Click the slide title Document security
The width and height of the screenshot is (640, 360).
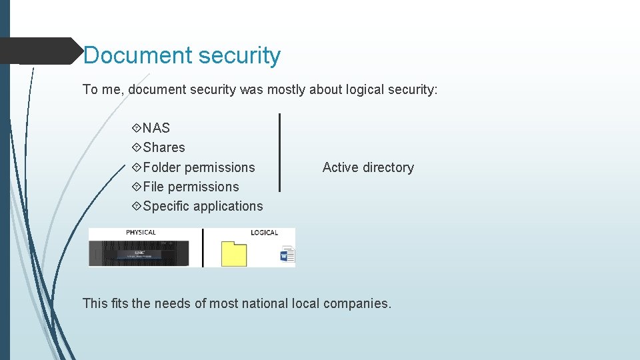pos(182,55)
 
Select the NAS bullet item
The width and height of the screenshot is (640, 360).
pos(156,128)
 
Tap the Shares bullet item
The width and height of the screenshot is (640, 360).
pos(163,147)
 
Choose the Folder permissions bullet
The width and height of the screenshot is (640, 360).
pos(199,167)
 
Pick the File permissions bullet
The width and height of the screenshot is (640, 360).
pos(191,187)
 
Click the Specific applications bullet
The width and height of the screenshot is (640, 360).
pos(203,206)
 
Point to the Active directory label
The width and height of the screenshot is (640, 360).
pos(368,168)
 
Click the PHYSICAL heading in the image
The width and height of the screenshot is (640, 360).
pos(141,233)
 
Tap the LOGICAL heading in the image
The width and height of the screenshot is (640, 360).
pos(264,233)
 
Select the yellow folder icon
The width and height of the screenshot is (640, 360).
pos(234,255)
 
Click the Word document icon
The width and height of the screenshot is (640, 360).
pos(287,255)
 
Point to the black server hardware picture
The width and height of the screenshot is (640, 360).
pos(139,253)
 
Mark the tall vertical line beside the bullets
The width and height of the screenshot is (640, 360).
pos(279,152)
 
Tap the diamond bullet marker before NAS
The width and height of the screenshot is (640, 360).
pos(137,128)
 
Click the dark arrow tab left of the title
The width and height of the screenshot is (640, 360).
pos(40,51)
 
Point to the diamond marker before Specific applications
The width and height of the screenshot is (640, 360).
pos(137,206)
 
